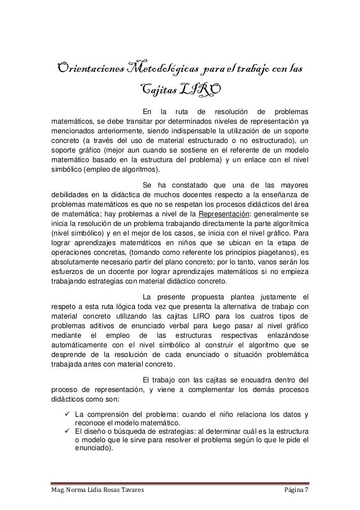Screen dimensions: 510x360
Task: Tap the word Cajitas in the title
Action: coord(157,89)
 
